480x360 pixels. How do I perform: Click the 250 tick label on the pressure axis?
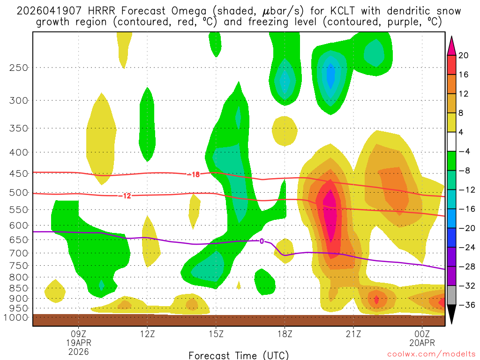click(x=19, y=67)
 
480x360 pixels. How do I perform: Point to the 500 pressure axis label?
click(x=19, y=192)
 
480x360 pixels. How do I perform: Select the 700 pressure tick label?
click(x=19, y=253)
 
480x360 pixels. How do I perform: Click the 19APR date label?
click(x=78, y=342)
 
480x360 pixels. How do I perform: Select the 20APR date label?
click(x=422, y=342)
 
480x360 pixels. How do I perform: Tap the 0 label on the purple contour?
click(x=262, y=241)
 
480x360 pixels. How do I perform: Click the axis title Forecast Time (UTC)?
click(x=239, y=355)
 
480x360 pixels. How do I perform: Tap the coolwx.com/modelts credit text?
click(x=428, y=355)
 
